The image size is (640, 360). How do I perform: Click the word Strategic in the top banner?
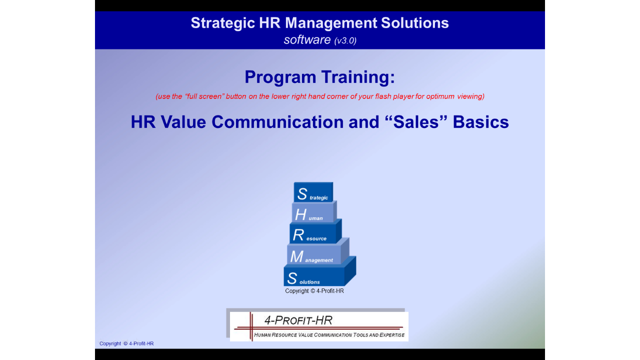[223, 23]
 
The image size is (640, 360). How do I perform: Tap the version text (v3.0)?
[345, 40]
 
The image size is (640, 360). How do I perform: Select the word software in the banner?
[307, 39]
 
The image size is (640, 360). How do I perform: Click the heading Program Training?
[319, 77]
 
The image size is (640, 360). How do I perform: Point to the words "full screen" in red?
[204, 96]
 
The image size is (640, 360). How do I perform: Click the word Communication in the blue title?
[277, 122]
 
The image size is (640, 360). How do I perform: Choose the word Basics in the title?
[481, 122]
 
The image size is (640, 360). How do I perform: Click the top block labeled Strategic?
[313, 192]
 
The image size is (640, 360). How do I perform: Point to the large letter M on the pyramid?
[296, 256]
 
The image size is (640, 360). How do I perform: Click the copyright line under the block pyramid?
[314, 291]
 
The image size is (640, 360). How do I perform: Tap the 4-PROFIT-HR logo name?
[298, 320]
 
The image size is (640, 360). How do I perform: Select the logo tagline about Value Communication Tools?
[329, 335]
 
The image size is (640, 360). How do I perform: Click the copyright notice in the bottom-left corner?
[126, 343]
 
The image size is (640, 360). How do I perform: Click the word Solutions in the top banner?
[415, 23]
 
